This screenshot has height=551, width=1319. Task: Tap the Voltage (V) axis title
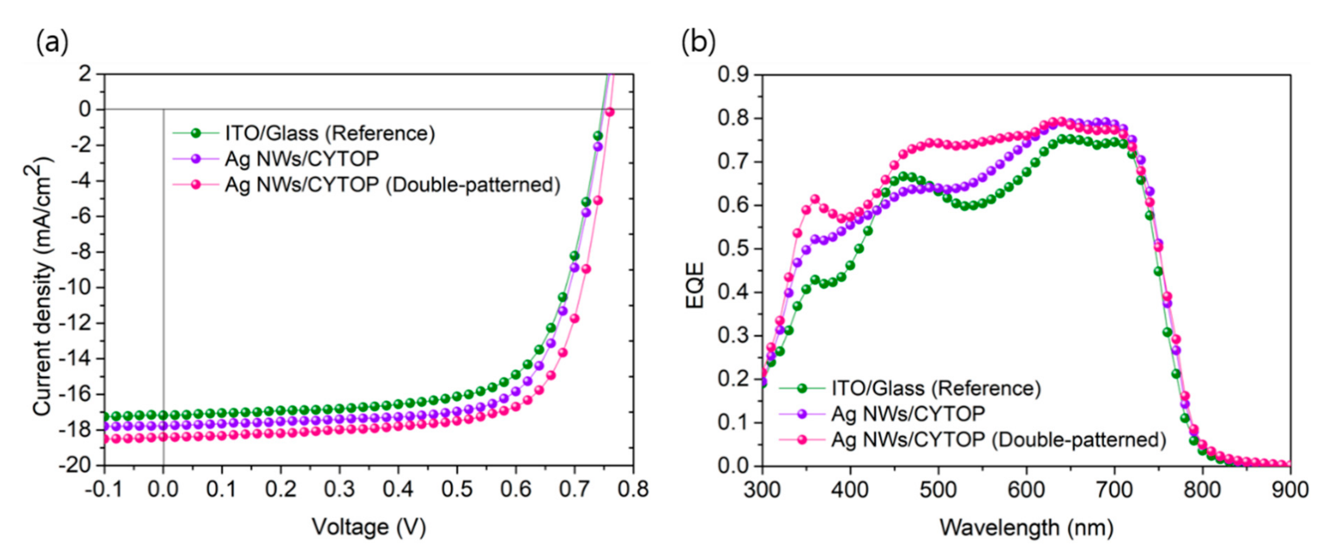pyautogui.click(x=369, y=526)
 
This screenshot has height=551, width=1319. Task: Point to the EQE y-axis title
pyautogui.click(x=695, y=285)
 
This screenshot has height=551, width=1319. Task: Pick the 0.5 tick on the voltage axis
pyautogui.click(x=457, y=490)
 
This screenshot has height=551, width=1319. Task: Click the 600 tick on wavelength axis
pyautogui.click(x=1026, y=490)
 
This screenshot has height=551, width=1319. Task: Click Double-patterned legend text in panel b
pyautogui.click(x=998, y=439)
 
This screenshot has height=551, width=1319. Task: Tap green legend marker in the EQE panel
pyautogui.click(x=802, y=388)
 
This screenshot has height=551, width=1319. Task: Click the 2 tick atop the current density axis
pyautogui.click(x=85, y=74)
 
